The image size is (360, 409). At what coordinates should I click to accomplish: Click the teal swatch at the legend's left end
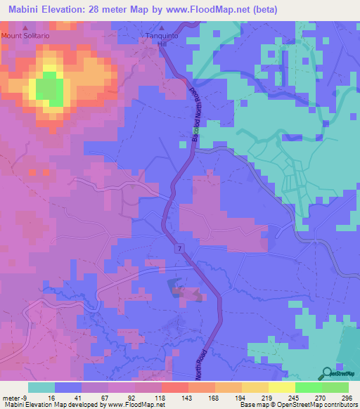(x=41, y=387)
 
